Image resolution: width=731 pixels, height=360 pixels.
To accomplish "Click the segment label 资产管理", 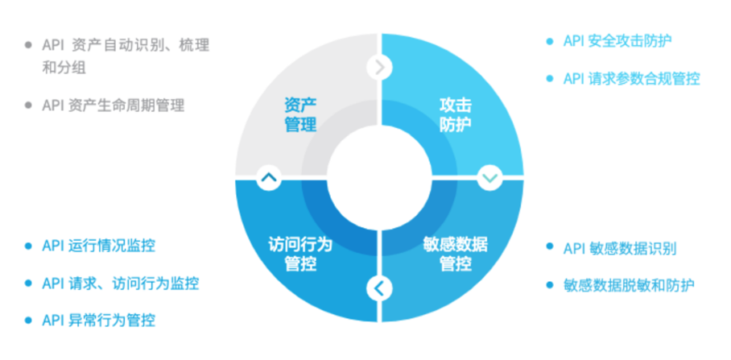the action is pyautogui.click(x=301, y=114).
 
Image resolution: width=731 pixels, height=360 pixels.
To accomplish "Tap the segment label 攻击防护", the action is pyautogui.click(x=456, y=114).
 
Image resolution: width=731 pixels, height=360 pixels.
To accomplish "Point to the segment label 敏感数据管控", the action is pyautogui.click(x=456, y=254).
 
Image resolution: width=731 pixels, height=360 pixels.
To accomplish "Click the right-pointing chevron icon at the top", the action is pyautogui.click(x=379, y=68).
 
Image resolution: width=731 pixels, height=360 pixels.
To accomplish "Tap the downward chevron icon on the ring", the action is pyautogui.click(x=490, y=177).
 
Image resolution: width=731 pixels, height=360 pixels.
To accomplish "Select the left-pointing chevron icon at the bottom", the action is pyautogui.click(x=379, y=288).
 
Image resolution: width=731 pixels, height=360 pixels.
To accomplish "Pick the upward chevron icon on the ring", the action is pyautogui.click(x=269, y=178).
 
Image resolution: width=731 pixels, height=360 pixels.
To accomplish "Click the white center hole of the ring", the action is pyautogui.click(x=379, y=178).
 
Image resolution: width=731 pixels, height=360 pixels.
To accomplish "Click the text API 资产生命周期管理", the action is pyautogui.click(x=114, y=106).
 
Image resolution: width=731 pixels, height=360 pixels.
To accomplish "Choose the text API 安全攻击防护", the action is pyautogui.click(x=617, y=41).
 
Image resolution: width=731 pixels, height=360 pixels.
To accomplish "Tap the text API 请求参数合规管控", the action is pyautogui.click(x=631, y=79).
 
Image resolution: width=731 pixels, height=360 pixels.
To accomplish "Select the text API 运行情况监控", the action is pyautogui.click(x=98, y=246).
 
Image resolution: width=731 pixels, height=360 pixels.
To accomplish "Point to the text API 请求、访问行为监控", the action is pyautogui.click(x=120, y=283).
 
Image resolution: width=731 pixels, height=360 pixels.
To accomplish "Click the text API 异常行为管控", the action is pyautogui.click(x=98, y=321).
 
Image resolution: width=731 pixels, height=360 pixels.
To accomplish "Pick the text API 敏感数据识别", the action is pyautogui.click(x=620, y=249).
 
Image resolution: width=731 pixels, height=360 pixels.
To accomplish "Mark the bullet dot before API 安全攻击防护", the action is pyautogui.click(x=550, y=42).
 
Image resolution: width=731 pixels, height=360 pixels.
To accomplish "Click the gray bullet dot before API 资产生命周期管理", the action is pyautogui.click(x=28, y=106).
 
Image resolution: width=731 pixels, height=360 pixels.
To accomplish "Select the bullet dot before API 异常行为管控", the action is pyautogui.click(x=28, y=321).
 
